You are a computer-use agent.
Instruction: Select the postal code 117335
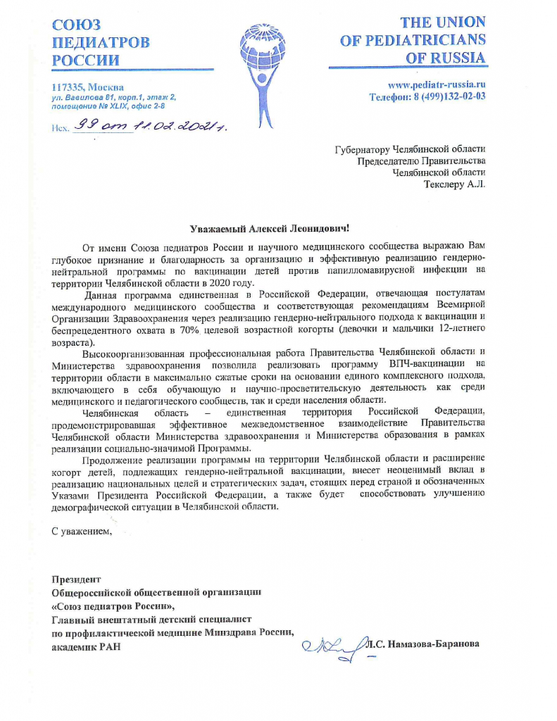[x=68, y=87]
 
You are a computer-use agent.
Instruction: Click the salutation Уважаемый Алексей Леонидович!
[x=270, y=228]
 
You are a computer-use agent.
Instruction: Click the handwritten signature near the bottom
[x=333, y=646]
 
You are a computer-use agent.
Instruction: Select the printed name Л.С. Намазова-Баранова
[x=423, y=642]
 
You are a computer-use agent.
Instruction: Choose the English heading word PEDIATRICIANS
[x=413, y=41]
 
